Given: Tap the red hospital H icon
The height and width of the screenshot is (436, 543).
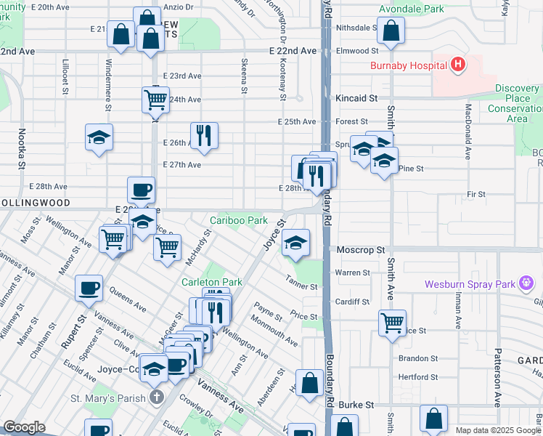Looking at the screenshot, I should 457,65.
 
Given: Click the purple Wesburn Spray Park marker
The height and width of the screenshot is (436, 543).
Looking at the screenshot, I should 527,284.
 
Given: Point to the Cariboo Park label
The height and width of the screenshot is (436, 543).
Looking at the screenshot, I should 239,219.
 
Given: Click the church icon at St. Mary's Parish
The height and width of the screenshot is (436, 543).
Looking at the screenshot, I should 156,397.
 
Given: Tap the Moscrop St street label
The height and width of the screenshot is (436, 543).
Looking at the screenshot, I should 360,250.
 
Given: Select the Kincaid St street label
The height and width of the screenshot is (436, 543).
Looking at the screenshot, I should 356,97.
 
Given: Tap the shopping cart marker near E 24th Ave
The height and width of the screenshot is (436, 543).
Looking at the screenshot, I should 155,99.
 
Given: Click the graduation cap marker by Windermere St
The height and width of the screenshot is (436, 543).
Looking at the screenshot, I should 99,137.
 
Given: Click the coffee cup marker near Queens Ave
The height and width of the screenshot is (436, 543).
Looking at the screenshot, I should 89,288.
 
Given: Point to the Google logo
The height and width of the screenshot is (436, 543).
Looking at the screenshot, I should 24,427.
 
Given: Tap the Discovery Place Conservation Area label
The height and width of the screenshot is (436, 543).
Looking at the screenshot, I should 517,102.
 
